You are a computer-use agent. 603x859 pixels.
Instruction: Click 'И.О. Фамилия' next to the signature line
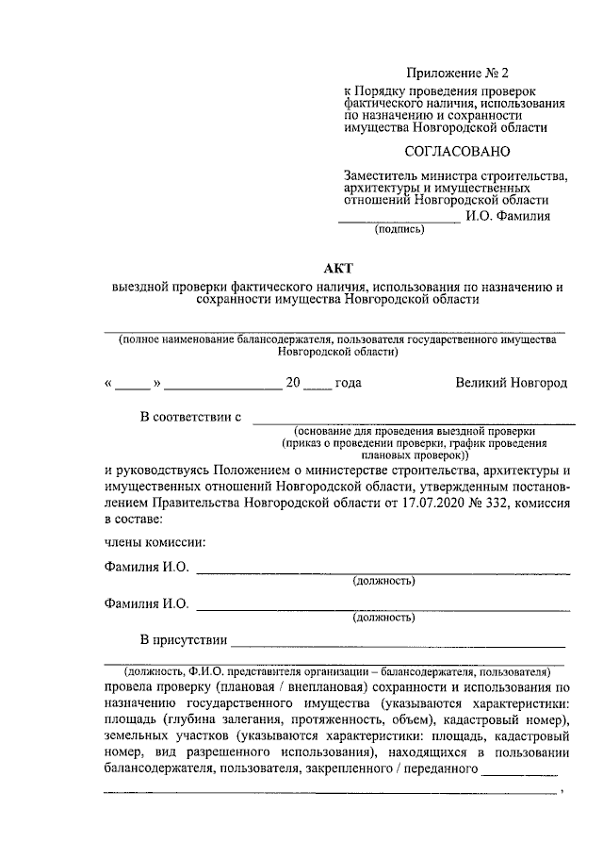[508, 215]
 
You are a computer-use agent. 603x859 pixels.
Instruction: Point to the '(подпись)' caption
[400, 228]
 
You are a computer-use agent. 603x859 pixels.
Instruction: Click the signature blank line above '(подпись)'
[399, 221]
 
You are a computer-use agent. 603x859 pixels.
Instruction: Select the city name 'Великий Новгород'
[511, 383]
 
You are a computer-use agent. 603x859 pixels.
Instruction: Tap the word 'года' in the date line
[348, 383]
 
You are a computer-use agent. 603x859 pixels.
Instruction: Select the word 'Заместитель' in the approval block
[381, 175]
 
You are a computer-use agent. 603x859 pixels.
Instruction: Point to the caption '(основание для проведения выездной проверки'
[414, 430]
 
